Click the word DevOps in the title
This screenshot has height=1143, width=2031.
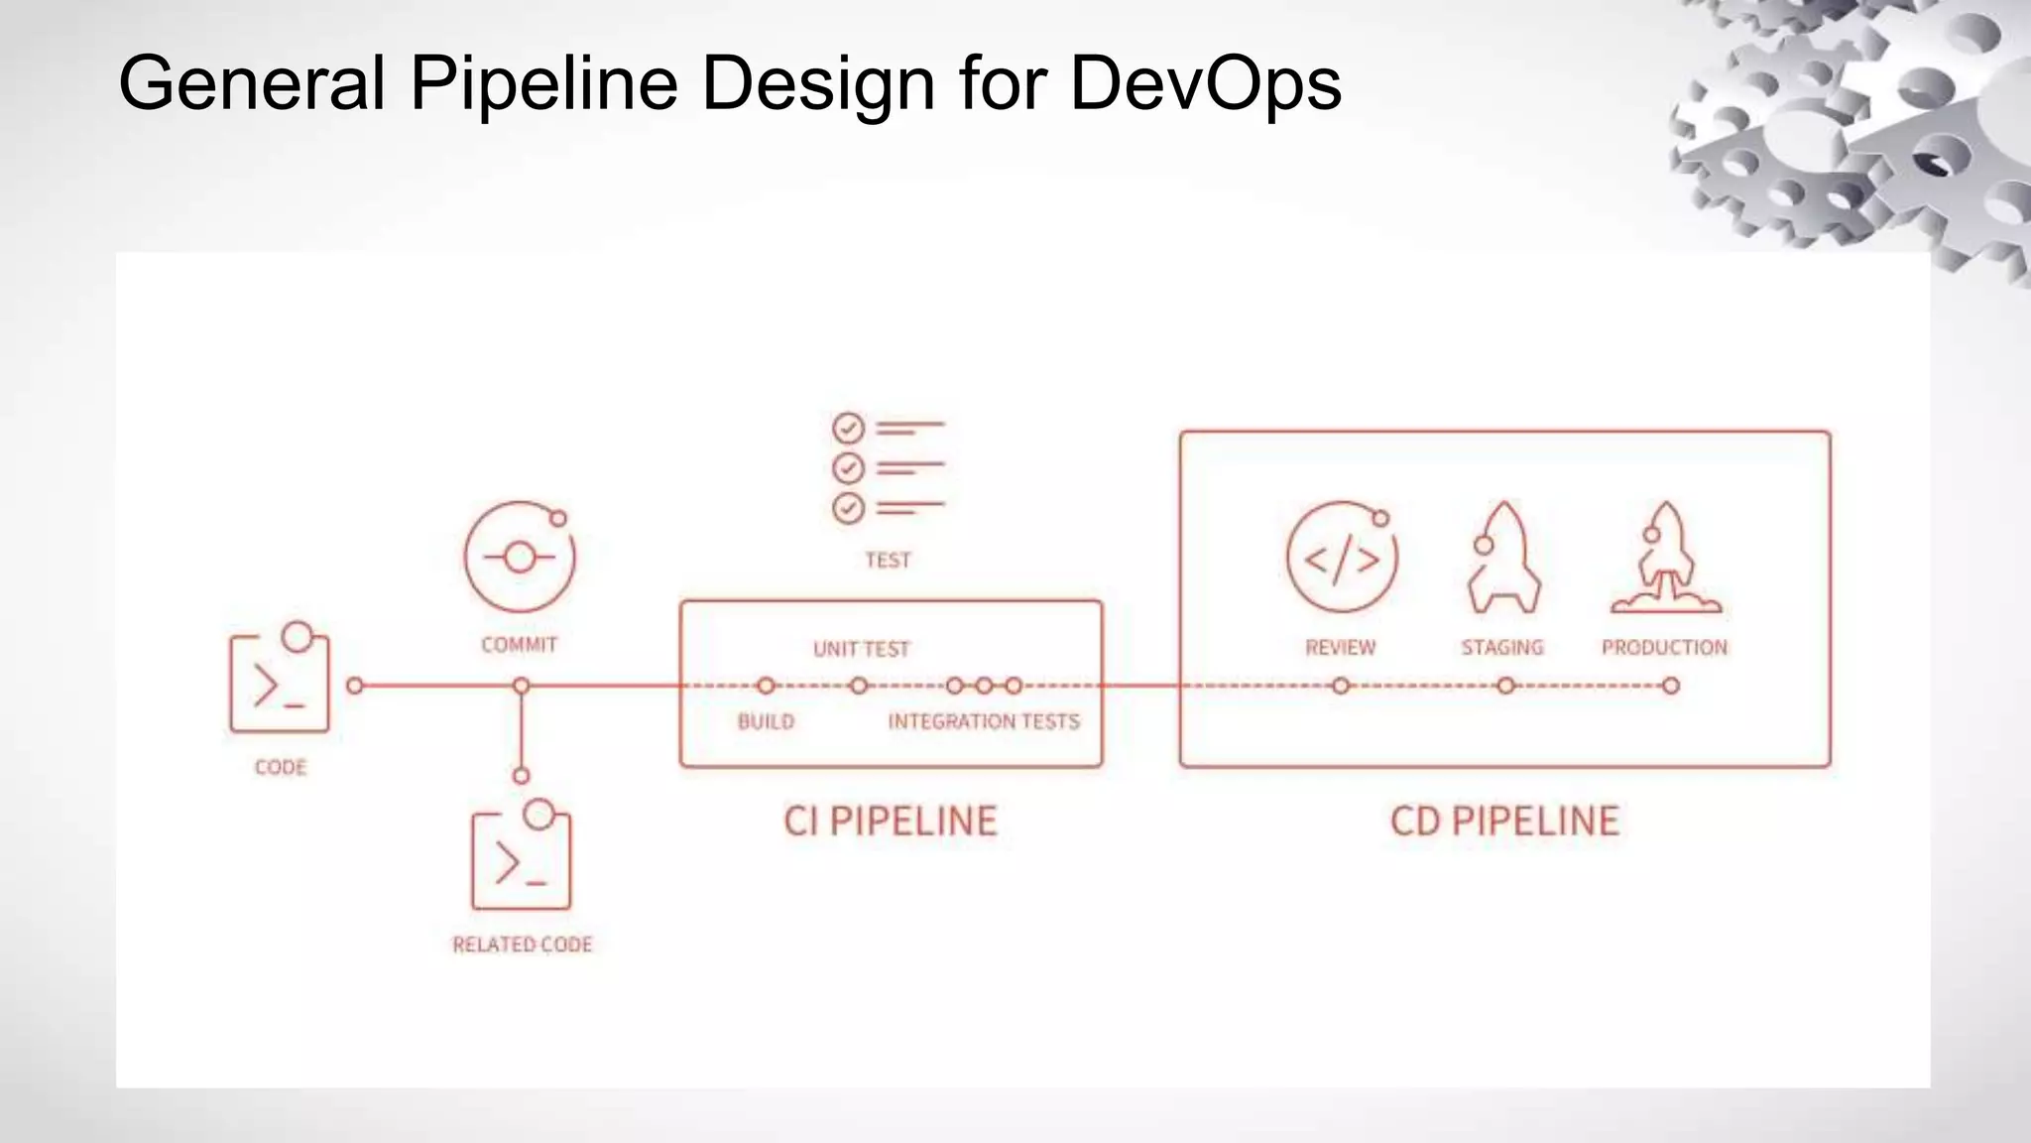[1205, 83]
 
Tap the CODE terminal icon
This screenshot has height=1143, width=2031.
[280, 683]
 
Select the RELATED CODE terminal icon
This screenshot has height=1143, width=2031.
[522, 859]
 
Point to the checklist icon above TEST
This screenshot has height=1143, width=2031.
[888, 468]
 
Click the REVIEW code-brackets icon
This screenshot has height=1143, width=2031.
[1341, 559]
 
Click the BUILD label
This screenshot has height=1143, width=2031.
[766, 721]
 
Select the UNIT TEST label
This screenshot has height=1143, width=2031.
[861, 649]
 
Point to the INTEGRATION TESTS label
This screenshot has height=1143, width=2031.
[984, 721]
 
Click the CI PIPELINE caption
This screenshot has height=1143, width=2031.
[891, 822]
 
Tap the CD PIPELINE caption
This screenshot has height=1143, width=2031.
[1504, 822]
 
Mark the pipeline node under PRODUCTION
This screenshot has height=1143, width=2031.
[1671, 686]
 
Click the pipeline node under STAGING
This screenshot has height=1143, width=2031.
[1505, 686]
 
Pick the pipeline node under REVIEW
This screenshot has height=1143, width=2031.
[1341, 686]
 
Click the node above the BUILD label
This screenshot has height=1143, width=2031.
[766, 686]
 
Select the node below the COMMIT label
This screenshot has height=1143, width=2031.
[522, 686]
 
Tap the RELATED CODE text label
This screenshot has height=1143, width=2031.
[523, 945]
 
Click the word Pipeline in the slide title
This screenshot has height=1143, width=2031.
[543, 83]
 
